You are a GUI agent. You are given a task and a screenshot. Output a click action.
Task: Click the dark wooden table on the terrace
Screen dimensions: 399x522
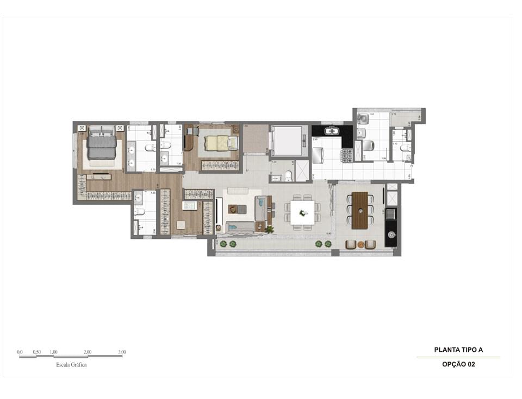coord(360,210)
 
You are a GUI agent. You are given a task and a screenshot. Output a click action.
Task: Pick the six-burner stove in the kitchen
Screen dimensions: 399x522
coord(346,156)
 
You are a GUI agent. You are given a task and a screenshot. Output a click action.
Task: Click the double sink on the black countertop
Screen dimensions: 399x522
coord(332,131)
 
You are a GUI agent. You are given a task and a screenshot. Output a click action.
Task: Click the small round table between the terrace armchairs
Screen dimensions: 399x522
coord(360,245)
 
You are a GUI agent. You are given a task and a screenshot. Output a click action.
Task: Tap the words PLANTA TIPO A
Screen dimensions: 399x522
coord(458,350)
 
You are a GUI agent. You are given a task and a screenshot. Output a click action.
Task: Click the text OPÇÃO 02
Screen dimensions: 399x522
coord(458,365)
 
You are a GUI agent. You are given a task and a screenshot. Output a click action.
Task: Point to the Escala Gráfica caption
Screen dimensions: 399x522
coord(71,365)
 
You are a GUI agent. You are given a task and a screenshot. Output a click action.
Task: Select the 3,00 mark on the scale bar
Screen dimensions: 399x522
coord(122,352)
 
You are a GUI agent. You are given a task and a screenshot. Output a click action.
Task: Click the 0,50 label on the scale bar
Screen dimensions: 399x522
coord(37,352)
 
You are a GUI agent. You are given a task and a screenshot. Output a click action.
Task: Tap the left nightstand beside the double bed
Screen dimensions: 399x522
coord(82,128)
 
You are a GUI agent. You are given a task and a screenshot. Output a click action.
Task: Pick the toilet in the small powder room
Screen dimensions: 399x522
coord(288,175)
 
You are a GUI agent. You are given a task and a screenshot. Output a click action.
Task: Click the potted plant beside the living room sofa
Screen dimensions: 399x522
coord(269,230)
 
